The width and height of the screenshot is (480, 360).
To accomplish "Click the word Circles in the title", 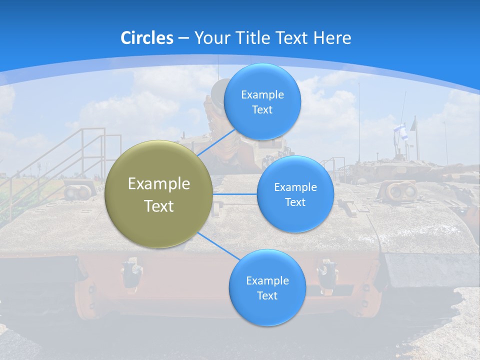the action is tap(146, 38).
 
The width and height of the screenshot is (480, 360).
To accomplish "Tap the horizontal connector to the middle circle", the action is tap(235, 194).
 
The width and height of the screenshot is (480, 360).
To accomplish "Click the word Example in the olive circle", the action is tap(159, 184).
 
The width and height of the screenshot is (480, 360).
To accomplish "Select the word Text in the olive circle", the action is tap(159, 206).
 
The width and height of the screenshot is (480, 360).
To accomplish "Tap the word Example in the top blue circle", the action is tap(262, 94).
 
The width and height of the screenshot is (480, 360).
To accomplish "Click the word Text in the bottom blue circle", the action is tap(267, 295).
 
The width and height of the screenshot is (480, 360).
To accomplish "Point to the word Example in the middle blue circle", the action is tap(295, 187).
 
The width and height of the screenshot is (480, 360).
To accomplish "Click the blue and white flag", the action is tap(400, 131).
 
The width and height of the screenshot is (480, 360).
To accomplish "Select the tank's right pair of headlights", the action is tap(403, 190).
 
